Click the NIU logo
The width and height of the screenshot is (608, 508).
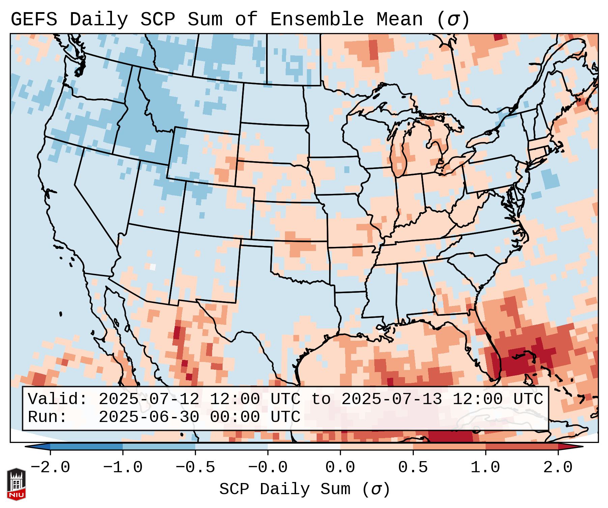coord(16,484)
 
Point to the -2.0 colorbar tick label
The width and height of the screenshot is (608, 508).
coord(50,468)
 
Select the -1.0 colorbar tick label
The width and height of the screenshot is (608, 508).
coord(123,468)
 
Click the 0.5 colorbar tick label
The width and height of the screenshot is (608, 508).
coord(413,468)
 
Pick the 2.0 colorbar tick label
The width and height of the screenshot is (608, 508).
coord(558,468)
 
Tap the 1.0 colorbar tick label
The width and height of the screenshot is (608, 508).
coord(485,468)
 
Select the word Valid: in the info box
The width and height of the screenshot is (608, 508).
coord(58,399)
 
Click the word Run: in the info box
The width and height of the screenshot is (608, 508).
coord(48,417)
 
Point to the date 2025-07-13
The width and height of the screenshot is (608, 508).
coord(392,399)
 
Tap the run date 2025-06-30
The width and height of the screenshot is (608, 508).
coord(149,417)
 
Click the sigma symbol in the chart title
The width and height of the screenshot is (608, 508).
coord(453,20)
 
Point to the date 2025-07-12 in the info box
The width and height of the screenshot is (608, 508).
coord(149,399)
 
